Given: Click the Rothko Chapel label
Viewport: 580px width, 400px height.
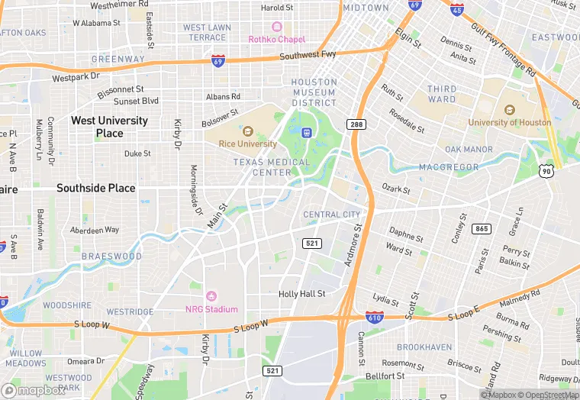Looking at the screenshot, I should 277,40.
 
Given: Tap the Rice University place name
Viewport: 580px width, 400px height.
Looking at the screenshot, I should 246,144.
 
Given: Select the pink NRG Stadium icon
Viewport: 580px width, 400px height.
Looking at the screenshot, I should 212,296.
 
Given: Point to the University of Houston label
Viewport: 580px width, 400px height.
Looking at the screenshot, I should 509,122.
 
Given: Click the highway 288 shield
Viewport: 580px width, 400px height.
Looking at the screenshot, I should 355,124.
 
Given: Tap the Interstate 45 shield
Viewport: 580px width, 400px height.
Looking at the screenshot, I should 456,9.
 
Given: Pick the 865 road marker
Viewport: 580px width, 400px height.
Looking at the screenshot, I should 481,228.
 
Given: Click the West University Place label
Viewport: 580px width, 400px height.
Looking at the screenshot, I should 109,127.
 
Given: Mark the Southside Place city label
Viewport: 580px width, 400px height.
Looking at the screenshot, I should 95,188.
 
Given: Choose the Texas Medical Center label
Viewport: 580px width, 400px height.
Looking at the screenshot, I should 272,167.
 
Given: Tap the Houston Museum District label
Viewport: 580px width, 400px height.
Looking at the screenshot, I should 314,92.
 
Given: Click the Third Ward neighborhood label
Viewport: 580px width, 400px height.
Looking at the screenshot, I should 442,94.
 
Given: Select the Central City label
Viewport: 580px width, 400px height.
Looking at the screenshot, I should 331,215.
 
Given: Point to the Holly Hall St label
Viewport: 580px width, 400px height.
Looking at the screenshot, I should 301,293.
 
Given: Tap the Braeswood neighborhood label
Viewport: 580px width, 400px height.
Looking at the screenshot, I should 111,256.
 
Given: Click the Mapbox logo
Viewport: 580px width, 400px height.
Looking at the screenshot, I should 34,390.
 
